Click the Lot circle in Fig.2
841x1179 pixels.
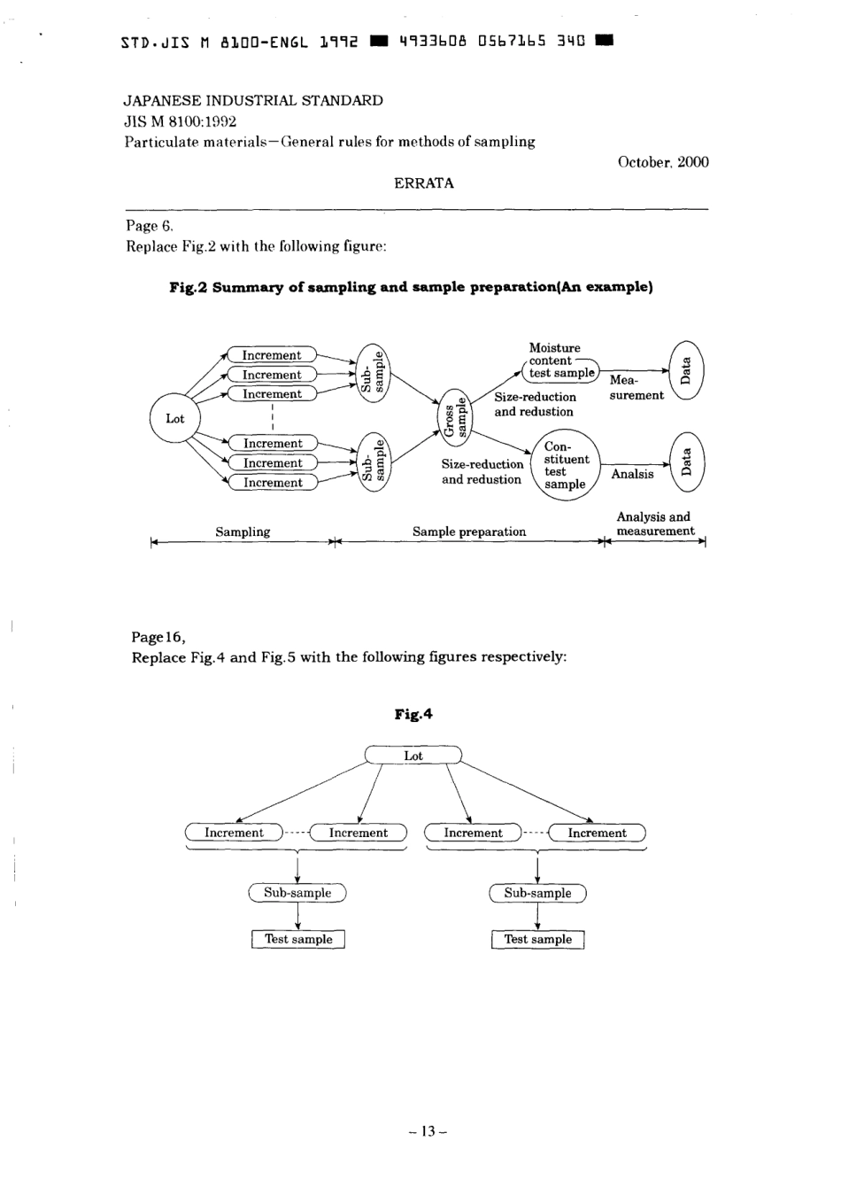(x=175, y=418)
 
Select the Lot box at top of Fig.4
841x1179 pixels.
(x=413, y=756)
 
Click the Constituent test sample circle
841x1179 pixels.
(x=565, y=466)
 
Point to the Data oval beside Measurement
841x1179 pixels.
(x=686, y=370)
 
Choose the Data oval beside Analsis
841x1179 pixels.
(x=686, y=462)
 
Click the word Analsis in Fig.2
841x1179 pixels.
(x=632, y=474)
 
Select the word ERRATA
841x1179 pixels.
(x=424, y=183)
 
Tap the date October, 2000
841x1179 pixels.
(x=663, y=162)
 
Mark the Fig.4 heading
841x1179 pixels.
(x=413, y=714)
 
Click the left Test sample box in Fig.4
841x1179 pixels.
(x=298, y=939)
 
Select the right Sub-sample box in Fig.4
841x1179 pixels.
(x=537, y=893)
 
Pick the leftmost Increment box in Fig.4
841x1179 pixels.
(x=234, y=833)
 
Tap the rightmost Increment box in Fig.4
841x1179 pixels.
(x=597, y=833)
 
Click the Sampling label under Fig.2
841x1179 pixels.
(x=243, y=531)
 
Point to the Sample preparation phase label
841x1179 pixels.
(x=469, y=531)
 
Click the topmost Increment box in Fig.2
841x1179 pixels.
(x=272, y=355)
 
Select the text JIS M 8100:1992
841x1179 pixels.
(x=180, y=121)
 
